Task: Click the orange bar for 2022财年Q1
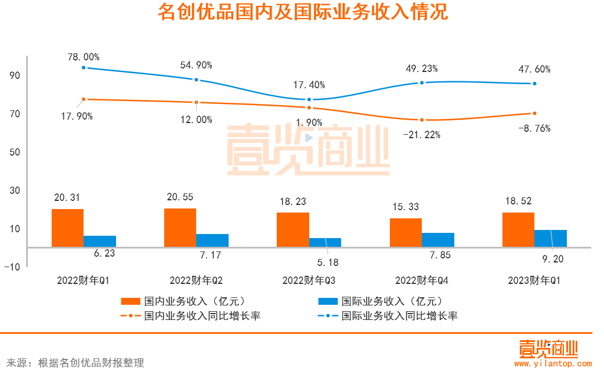[x=67, y=228]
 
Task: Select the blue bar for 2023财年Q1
[x=551, y=238]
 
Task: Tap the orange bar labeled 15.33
[x=406, y=232]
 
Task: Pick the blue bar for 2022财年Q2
[x=212, y=240]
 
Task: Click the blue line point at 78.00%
[x=84, y=67]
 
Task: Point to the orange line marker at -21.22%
[x=422, y=120]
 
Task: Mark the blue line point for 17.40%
[x=309, y=100]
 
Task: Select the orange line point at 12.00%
[x=196, y=102]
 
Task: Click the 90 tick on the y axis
[x=15, y=75]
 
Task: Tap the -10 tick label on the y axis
[x=13, y=267]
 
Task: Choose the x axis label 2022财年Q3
[x=309, y=280]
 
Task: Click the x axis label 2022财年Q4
[x=421, y=280]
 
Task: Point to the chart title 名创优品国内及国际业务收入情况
[x=302, y=12]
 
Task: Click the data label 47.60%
[x=534, y=69]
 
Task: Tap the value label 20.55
[x=180, y=197]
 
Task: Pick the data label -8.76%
[x=534, y=128]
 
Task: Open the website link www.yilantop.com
[x=553, y=364]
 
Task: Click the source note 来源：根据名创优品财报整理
[x=75, y=364]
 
